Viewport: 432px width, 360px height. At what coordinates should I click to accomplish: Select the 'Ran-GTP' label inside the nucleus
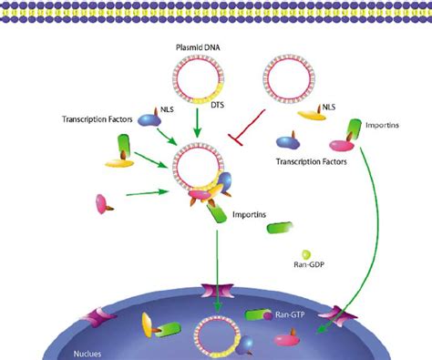pos(292,315)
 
